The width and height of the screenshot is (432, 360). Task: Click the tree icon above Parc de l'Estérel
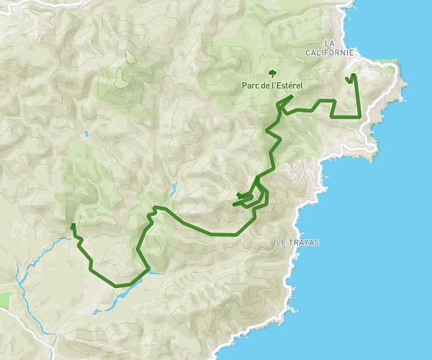pos(272,73)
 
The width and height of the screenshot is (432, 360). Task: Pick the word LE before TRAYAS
pos(282,243)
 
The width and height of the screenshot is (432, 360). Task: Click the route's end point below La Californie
pos(349,79)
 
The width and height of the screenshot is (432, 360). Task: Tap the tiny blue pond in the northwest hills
pos(85,134)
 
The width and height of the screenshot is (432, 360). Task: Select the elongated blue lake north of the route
pos(174,191)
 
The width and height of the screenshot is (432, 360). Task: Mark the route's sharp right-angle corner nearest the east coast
pos(359,116)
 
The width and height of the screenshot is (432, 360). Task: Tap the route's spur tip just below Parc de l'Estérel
pos(292,96)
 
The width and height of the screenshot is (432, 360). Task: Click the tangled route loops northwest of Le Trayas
pos(248,199)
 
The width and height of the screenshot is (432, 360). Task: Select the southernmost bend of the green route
pos(119,285)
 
